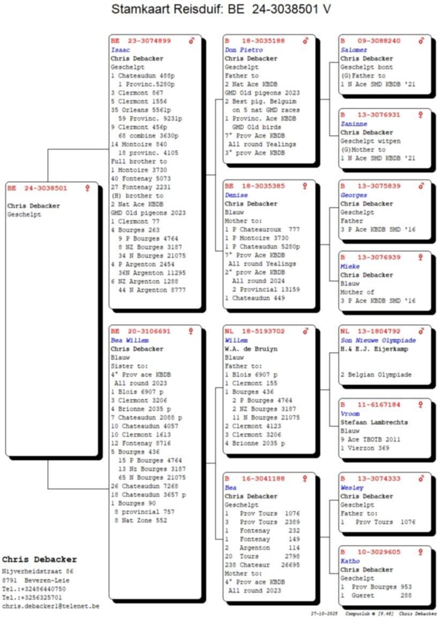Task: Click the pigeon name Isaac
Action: tap(120, 50)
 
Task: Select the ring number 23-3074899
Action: tap(149, 41)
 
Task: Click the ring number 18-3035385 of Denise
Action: tap(263, 186)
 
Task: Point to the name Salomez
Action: tap(354, 50)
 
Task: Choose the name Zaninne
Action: tap(353, 124)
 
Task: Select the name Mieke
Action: tap(350, 266)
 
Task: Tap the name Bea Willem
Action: tap(130, 340)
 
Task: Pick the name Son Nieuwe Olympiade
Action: tap(378, 340)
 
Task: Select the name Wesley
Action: tap(352, 488)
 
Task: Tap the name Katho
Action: tap(350, 561)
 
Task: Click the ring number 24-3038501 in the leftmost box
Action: tap(45, 189)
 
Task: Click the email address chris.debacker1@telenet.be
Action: tap(50, 606)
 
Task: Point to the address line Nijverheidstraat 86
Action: tap(37, 572)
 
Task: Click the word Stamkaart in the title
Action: tap(138, 9)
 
